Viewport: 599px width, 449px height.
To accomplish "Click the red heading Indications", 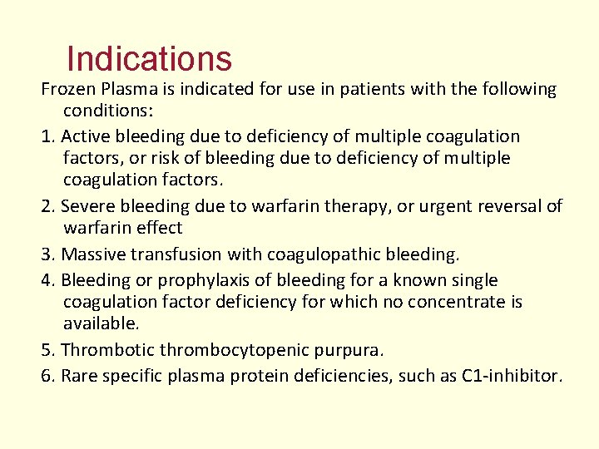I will [x=149, y=59].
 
